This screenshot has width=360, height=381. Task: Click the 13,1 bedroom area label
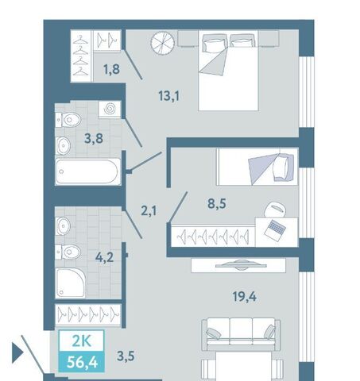pos(168,96)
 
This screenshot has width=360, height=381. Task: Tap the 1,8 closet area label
pos(111,69)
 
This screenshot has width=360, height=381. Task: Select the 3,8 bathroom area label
pos(94,138)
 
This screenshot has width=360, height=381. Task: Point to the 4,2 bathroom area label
pos(104,257)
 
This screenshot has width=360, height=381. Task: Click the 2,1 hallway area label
pos(149,211)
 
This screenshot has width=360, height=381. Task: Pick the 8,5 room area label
pos(217,204)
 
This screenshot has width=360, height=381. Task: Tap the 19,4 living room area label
pos(244,297)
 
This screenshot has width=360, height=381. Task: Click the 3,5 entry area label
pos(126,356)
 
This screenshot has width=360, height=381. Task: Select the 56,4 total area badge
pos(82,362)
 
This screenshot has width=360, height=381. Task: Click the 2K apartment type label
pos(82,341)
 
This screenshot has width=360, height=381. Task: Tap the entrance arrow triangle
pos(17,352)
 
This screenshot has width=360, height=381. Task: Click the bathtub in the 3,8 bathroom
pos(87,171)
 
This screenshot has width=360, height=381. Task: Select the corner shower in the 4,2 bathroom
pos(70,283)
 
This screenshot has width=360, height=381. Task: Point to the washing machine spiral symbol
pos(110,109)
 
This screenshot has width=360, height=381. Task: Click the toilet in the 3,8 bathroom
pos(68,120)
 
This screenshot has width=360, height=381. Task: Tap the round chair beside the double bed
pos(163,43)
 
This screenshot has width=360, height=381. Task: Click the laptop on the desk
pos(275,230)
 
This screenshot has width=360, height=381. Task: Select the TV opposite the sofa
pos(241,264)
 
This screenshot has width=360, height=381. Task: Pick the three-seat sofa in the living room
pos(241,334)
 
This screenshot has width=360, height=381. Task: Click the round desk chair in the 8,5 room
pos(275,210)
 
